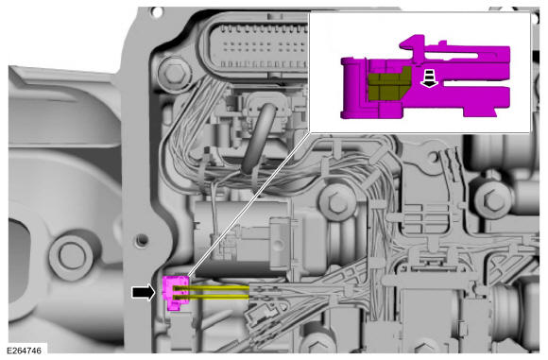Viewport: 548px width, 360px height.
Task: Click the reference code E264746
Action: (x=24, y=351)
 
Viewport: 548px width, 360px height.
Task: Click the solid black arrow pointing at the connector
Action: (x=144, y=292)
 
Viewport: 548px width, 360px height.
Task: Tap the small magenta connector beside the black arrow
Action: (x=176, y=293)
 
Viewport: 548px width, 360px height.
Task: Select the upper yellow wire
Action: (x=212, y=288)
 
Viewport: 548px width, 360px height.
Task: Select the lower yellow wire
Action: (x=212, y=297)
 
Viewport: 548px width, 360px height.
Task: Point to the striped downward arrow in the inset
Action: (x=430, y=78)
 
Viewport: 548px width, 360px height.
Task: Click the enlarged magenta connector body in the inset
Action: (x=425, y=78)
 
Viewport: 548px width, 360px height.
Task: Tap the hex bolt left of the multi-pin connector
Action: (x=173, y=73)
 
